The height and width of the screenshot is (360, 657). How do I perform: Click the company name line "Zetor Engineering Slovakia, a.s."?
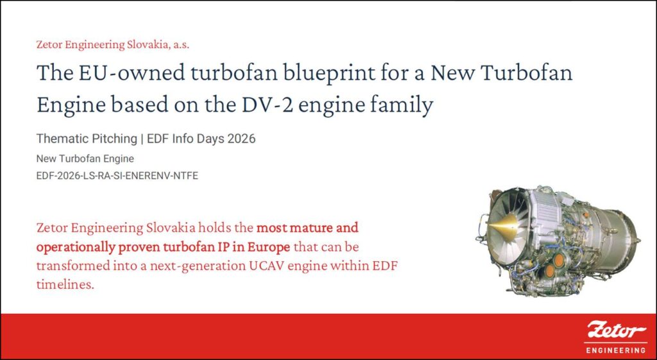113,44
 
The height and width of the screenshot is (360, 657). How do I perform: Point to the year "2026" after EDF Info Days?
241,139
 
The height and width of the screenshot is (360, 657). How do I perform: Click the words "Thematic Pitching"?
87,139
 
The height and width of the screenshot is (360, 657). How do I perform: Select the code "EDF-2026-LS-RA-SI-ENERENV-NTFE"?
117,176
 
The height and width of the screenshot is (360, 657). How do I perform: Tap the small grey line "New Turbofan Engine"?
85,159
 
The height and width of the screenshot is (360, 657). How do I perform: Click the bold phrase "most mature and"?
307,228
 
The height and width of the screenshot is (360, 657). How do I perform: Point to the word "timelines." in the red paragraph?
65,284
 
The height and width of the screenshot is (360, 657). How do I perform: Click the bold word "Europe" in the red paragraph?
268,247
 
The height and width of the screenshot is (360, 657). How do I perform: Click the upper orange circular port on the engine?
559,261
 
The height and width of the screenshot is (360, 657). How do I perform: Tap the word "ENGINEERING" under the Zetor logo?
615,350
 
